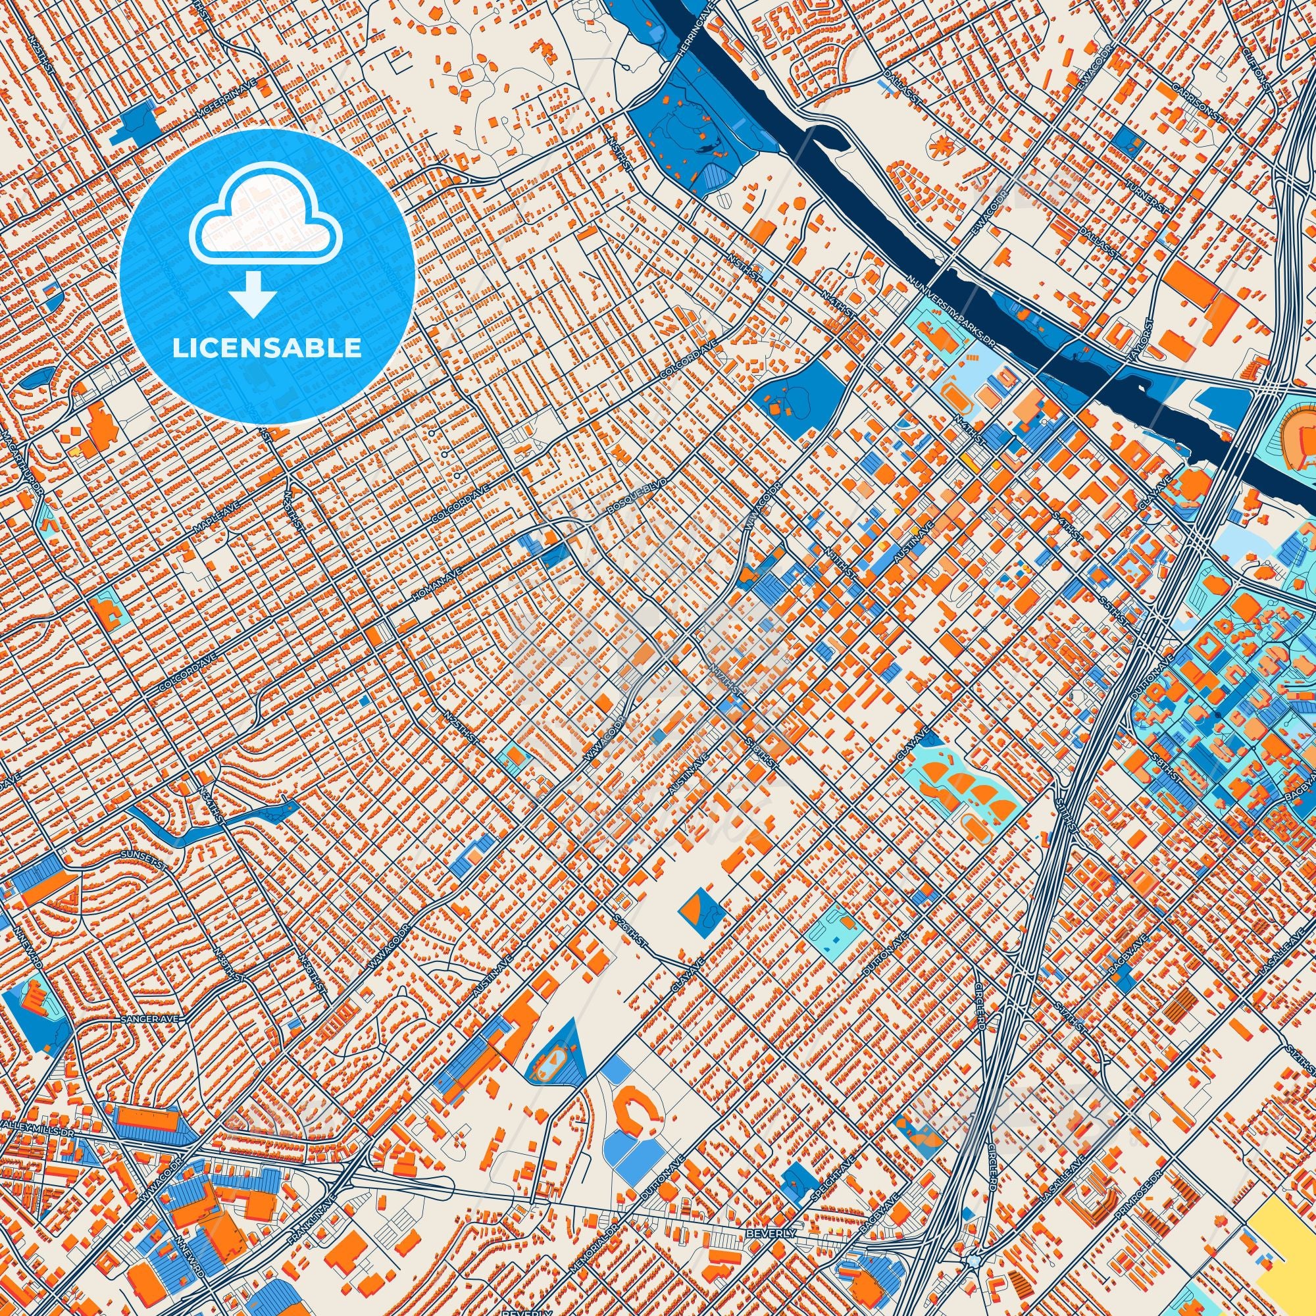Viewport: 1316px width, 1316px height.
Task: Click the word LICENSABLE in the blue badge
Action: click(267, 348)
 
